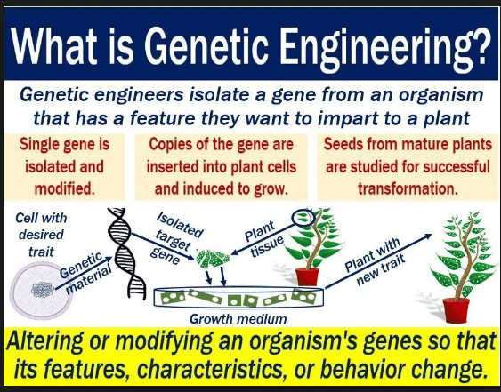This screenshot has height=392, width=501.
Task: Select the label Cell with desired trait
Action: (x=42, y=232)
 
